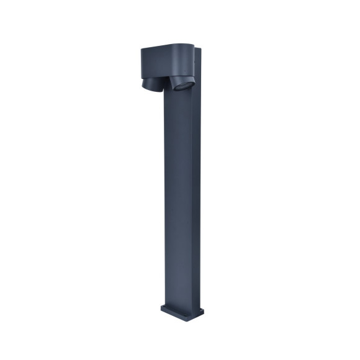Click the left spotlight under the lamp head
151,84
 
